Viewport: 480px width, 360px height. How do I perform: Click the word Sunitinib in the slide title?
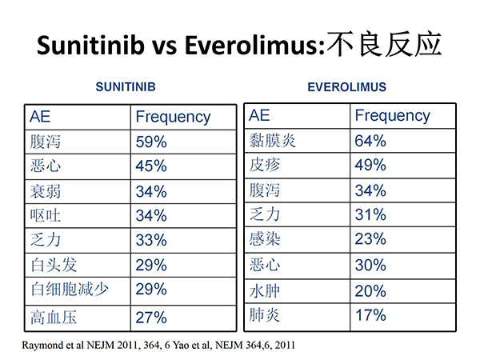click(90, 45)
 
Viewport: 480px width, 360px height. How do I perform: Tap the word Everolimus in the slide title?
click(254, 45)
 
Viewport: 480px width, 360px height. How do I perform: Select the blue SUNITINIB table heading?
click(126, 87)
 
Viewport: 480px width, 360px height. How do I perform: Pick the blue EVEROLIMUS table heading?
click(347, 87)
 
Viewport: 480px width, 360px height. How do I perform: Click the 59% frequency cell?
click(151, 142)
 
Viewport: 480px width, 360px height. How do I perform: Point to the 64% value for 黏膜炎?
click(370, 141)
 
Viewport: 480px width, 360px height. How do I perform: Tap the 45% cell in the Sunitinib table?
click(151, 166)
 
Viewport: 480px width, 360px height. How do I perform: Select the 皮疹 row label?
click(265, 165)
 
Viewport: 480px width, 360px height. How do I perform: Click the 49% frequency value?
click(370, 165)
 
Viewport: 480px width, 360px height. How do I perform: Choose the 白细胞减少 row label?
click(70, 290)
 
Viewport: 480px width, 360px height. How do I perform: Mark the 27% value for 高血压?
click(151, 318)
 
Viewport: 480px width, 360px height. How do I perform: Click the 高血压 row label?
click(54, 317)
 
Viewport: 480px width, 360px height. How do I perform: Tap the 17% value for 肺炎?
click(370, 315)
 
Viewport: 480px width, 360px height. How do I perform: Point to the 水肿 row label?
click(265, 291)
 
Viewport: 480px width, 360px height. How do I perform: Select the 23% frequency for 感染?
click(370, 238)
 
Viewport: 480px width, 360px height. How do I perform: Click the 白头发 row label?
click(54, 265)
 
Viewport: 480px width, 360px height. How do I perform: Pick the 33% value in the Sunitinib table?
click(151, 240)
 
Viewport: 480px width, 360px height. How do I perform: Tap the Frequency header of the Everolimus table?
click(393, 116)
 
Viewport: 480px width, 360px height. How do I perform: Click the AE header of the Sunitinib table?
click(40, 117)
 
